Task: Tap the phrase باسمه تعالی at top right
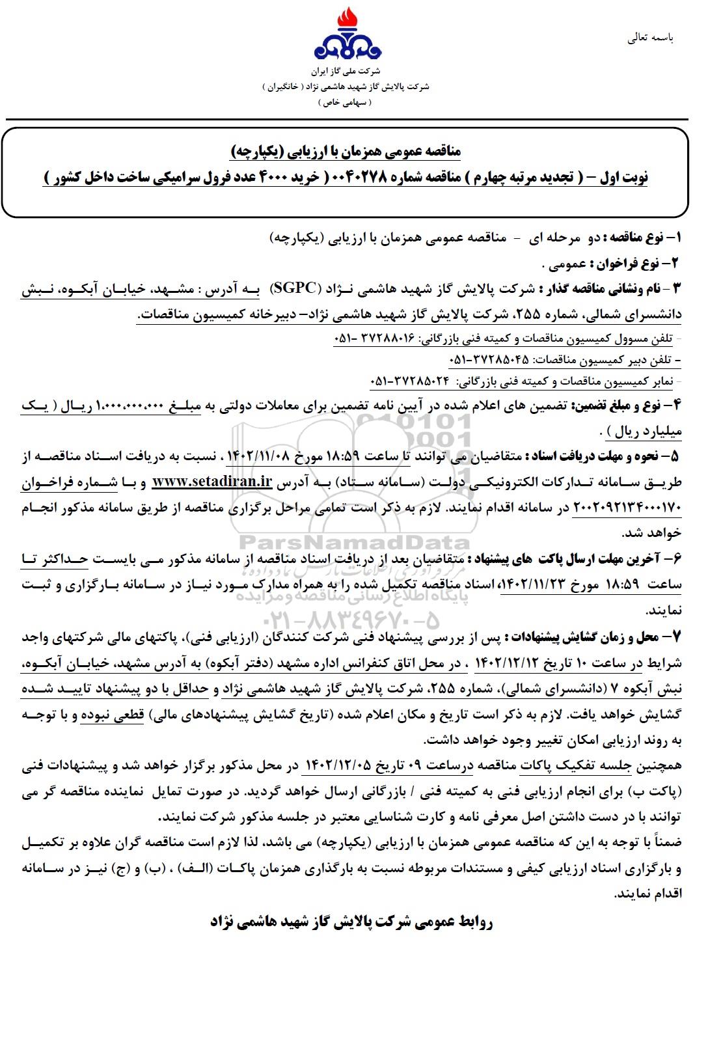point(650,38)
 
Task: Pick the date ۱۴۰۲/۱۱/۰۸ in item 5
point(256,456)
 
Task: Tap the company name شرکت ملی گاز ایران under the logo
point(346,70)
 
